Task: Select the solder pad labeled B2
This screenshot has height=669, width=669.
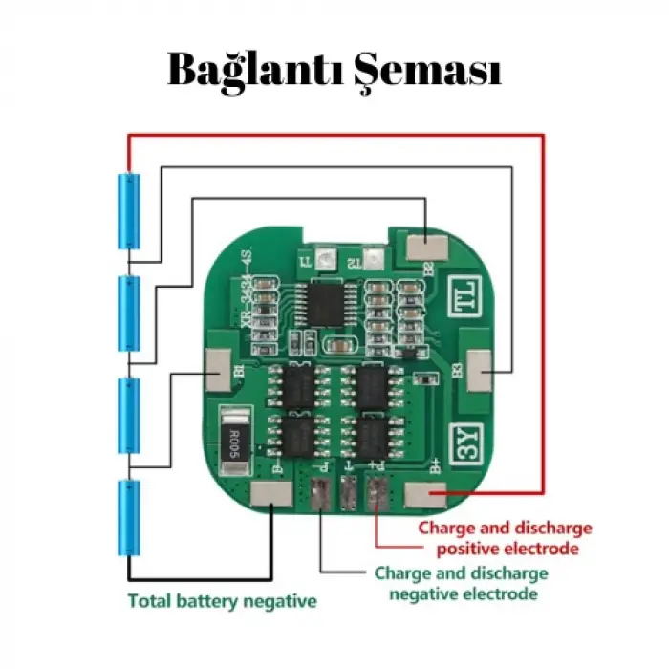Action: click(421, 246)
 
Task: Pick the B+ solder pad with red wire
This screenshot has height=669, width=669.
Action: click(422, 494)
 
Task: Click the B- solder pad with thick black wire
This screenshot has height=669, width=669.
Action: click(272, 494)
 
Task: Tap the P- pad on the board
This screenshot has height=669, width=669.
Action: click(319, 492)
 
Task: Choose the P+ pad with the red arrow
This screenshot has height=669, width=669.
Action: click(376, 492)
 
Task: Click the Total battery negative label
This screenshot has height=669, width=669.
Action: click(222, 602)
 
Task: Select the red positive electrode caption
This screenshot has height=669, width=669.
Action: click(507, 538)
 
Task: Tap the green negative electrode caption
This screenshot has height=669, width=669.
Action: click(461, 583)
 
